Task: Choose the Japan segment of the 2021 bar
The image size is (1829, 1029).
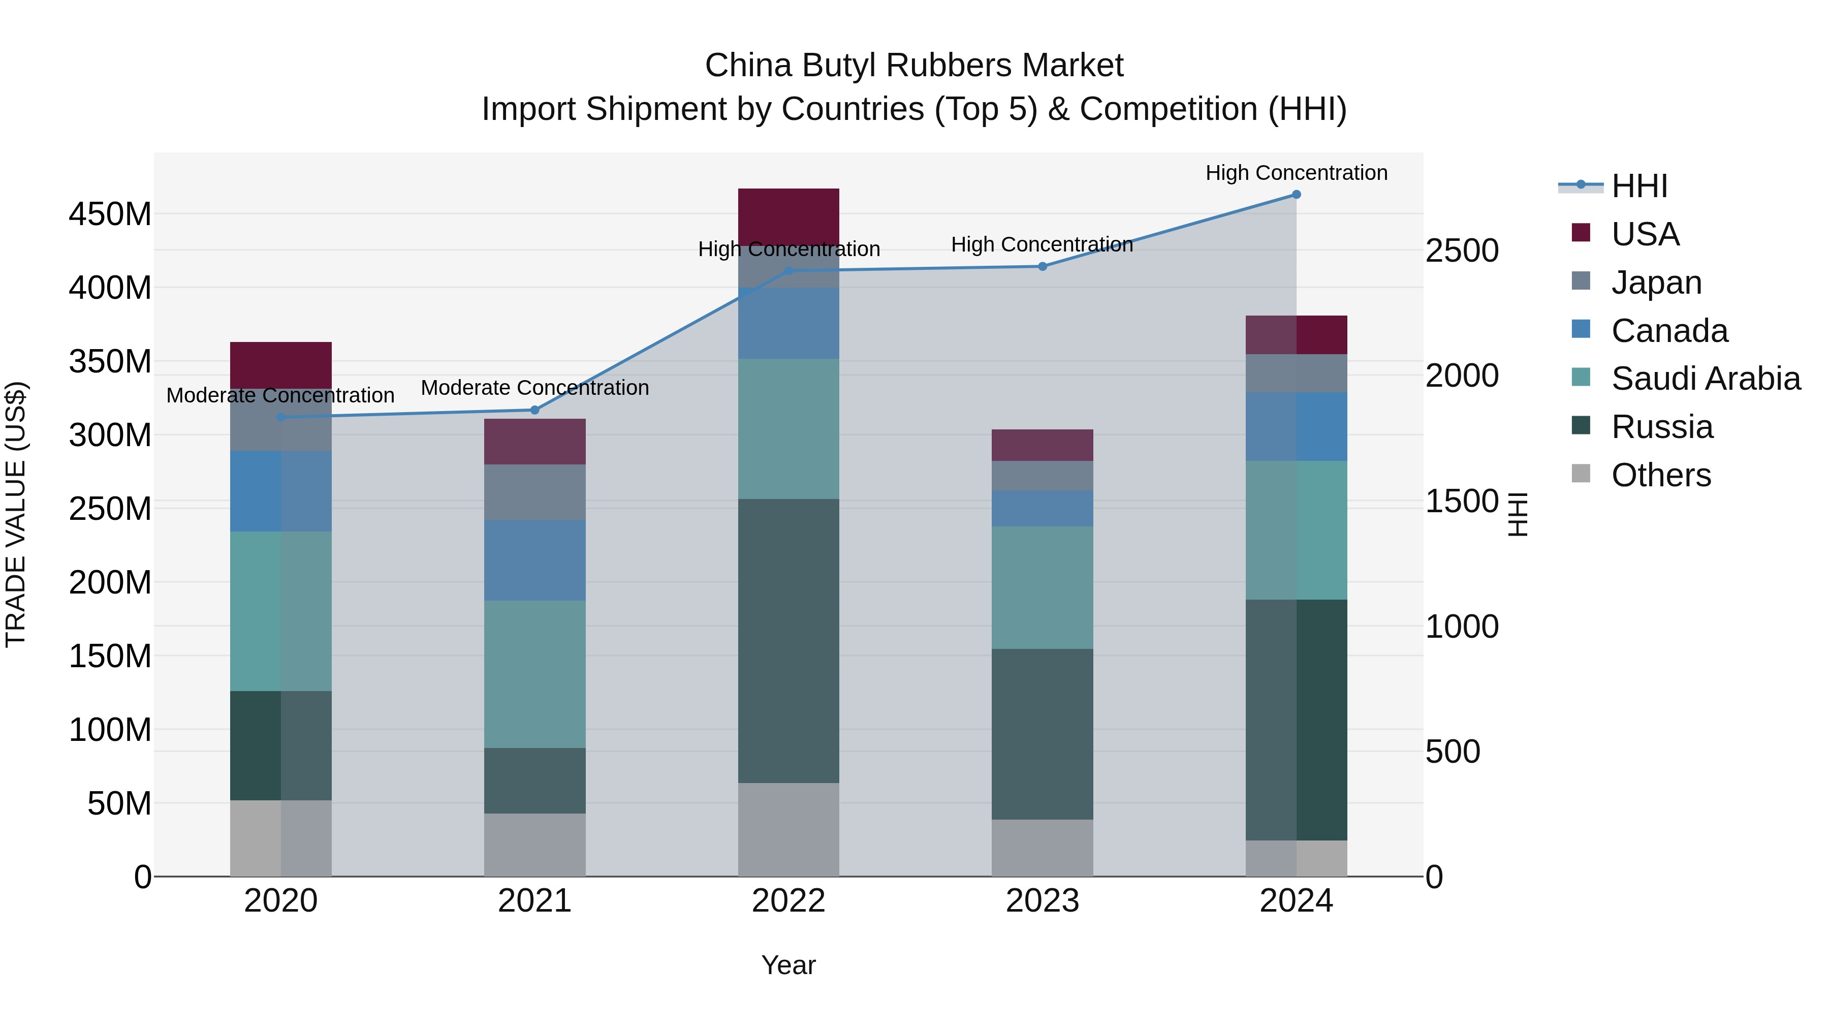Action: click(x=534, y=491)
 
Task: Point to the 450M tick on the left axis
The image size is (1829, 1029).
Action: click(x=110, y=214)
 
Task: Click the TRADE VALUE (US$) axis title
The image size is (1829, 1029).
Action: click(x=16, y=514)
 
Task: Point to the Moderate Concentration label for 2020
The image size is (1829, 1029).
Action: click(x=280, y=395)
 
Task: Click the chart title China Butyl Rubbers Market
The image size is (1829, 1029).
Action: click(x=914, y=66)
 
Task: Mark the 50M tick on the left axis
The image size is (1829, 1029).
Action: click(x=118, y=803)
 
